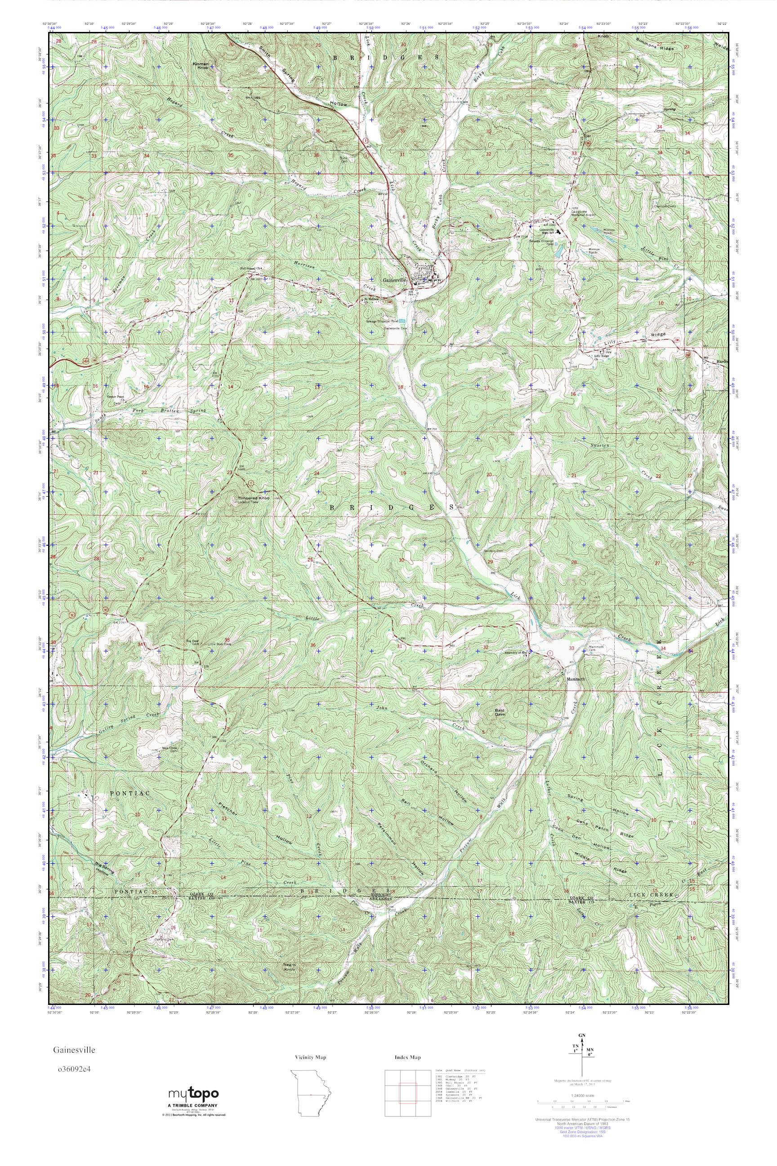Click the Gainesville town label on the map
coord(394,279)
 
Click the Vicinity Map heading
coord(310,1058)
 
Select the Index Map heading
coord(408,1058)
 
